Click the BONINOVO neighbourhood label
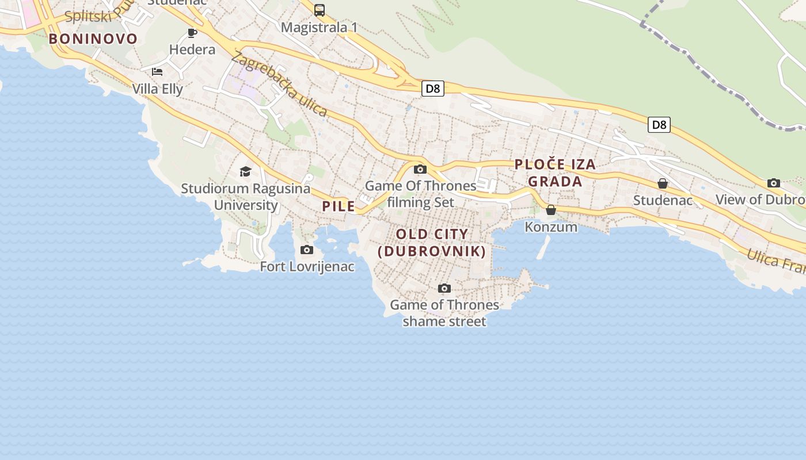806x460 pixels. [93, 39]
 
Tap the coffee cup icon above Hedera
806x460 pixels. [192, 33]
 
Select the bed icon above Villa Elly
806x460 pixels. [157, 72]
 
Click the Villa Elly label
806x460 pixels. [157, 89]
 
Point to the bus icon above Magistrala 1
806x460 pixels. [320, 10]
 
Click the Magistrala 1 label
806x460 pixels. [320, 27]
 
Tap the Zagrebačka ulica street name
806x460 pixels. [279, 84]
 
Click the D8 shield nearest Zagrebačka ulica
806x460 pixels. [432, 89]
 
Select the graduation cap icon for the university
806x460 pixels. [246, 171]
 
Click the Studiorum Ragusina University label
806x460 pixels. [246, 197]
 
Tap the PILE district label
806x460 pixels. [339, 206]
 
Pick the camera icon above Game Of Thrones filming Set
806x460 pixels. [420, 169]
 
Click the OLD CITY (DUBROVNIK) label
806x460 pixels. [432, 243]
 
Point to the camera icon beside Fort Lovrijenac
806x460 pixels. [307, 250]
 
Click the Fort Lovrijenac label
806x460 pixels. [307, 267]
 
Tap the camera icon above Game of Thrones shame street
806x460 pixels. [444, 288]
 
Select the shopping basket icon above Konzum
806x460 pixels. [551, 210]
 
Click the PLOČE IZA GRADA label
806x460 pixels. [555, 173]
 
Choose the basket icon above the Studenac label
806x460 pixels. [663, 183]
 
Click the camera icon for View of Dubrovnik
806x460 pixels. [774, 183]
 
